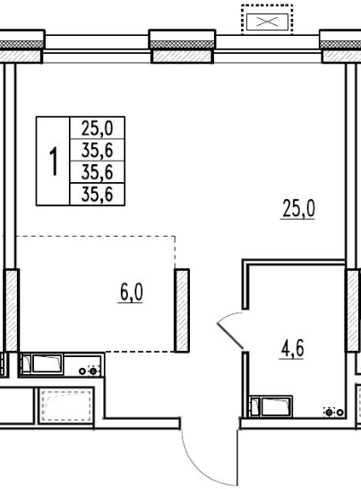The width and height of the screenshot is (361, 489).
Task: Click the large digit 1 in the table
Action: (55, 162)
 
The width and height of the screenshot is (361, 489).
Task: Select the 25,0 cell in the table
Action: (97, 128)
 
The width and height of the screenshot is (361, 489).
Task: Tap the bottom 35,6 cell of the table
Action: (97, 195)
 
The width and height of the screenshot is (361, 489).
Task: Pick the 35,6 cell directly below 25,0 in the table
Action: (97, 150)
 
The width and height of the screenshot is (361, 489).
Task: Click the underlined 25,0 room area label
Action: (298, 209)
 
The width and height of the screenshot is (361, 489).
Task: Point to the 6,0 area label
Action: (131, 293)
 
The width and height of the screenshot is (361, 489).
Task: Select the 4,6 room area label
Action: (292, 349)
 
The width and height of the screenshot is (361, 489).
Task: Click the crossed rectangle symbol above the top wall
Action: (267, 22)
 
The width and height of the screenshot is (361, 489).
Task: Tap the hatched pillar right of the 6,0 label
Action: (182, 310)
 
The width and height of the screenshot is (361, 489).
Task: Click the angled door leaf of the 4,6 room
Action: (230, 336)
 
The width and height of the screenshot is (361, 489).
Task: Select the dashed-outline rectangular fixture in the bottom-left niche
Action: (66, 406)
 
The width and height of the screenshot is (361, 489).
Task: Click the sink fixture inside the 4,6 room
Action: (271, 406)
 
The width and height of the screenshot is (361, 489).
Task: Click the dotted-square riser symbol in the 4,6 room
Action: (330, 412)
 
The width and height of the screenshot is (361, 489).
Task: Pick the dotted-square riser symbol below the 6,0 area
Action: (93, 371)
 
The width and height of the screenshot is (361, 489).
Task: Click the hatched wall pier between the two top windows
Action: (182, 57)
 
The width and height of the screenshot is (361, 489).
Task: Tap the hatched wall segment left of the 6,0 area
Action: (12, 310)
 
